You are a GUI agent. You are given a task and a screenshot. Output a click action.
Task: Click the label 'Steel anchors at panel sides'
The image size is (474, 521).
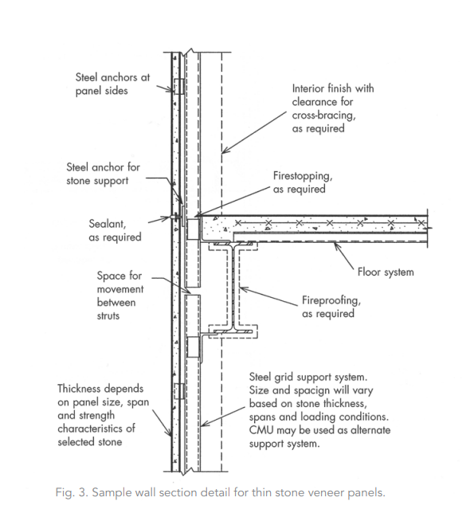click(112, 84)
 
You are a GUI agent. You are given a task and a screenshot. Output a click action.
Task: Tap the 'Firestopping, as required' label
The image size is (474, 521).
click(303, 182)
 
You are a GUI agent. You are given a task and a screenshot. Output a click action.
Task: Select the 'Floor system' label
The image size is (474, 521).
click(386, 272)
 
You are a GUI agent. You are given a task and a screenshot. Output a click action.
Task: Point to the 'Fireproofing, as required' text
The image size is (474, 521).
click(331, 307)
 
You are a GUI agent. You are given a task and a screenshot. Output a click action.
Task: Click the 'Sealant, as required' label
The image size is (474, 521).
click(115, 230)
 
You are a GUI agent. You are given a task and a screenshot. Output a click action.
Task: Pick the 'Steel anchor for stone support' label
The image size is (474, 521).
click(103, 174)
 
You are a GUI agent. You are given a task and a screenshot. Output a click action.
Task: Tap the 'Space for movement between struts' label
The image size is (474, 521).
click(120, 296)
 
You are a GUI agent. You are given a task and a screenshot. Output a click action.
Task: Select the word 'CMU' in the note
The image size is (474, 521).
click(261, 430)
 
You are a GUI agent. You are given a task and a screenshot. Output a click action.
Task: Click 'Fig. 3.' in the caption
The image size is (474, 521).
click(72, 492)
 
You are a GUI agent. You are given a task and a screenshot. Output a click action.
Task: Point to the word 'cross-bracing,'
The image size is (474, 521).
click(323, 116)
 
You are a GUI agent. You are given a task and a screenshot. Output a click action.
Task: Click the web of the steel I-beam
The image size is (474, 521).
click(233, 288)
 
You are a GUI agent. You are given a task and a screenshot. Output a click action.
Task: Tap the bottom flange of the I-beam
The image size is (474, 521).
click(233, 332)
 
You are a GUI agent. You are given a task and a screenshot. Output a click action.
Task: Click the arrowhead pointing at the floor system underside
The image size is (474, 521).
click(336, 246)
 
